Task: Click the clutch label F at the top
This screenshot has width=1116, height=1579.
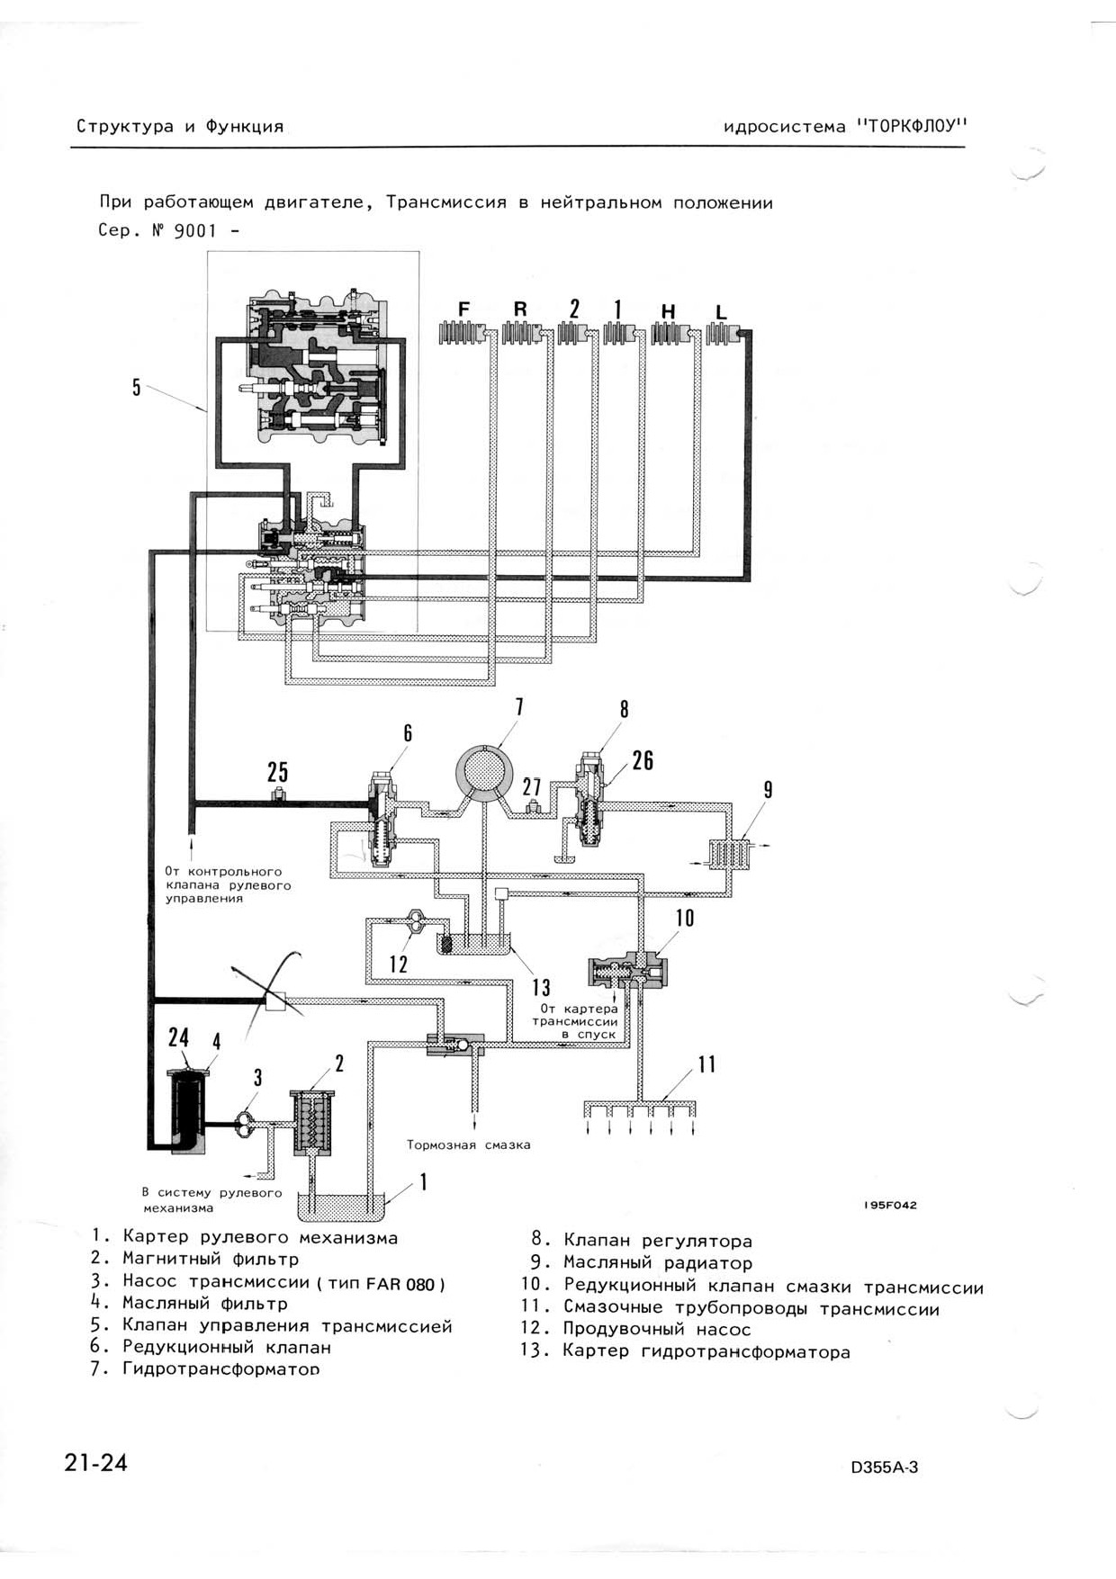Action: [x=463, y=309]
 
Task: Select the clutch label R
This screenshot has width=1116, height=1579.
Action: [x=520, y=309]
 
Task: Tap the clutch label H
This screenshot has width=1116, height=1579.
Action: [x=668, y=311]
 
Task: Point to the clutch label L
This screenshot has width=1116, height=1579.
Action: [x=721, y=312]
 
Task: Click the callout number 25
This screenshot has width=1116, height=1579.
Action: [x=277, y=772]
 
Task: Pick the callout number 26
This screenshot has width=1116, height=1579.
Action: [x=643, y=761]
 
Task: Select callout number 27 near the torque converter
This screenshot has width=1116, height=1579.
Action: [x=532, y=786]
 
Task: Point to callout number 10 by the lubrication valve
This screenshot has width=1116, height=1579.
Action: [x=685, y=918]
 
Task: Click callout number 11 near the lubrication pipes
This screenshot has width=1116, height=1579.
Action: [x=707, y=1064]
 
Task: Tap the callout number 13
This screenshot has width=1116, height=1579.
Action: [x=541, y=988]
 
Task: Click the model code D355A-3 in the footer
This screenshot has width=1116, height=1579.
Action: [x=885, y=1467]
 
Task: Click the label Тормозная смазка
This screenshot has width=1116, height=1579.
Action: [x=468, y=1145]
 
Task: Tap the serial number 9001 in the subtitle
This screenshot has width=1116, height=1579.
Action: [x=195, y=230]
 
